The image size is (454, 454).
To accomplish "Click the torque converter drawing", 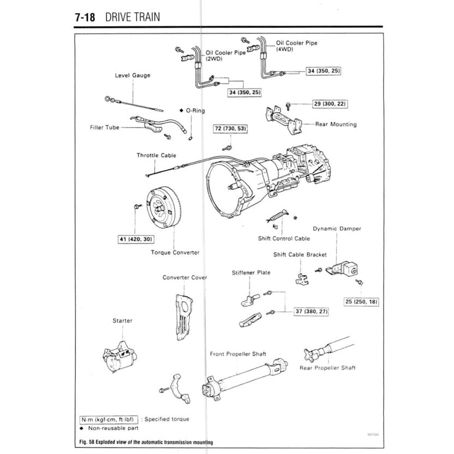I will click(x=162, y=211).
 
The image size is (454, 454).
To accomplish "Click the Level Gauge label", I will click(x=132, y=75).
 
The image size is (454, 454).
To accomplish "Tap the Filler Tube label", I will click(x=104, y=128).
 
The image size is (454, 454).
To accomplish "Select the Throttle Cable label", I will click(x=156, y=156).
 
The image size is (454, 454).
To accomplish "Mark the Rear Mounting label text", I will click(x=336, y=124).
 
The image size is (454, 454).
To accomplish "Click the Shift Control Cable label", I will click(x=284, y=238).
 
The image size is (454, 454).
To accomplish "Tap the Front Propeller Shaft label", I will click(x=238, y=354).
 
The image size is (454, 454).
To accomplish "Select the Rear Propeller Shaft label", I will click(x=327, y=368).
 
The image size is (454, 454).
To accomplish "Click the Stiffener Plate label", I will click(x=251, y=272).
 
